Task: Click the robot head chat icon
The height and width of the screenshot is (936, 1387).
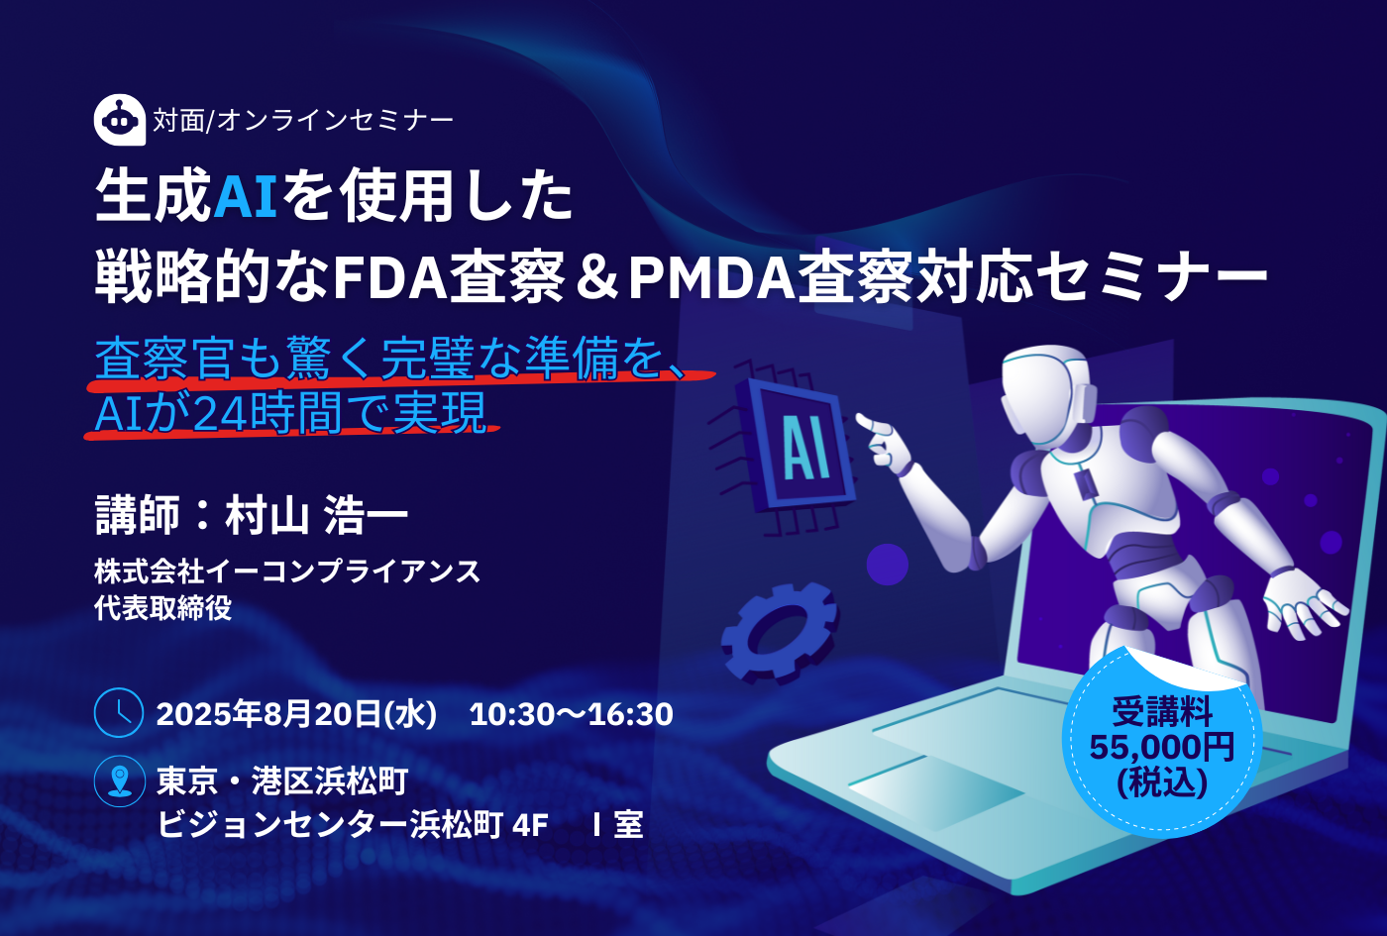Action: tap(120, 120)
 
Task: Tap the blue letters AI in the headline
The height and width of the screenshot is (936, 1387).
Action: tap(245, 196)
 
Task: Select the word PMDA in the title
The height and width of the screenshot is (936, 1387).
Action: tap(712, 276)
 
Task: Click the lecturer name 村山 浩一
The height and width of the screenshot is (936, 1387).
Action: tap(316, 515)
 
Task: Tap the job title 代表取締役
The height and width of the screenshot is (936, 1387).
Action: tap(163, 608)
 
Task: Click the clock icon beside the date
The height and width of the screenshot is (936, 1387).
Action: tap(119, 712)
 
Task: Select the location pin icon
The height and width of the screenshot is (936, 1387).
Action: tap(120, 780)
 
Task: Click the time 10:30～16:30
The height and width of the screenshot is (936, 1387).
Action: tap(572, 714)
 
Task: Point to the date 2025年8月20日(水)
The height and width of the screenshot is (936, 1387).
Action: tap(297, 714)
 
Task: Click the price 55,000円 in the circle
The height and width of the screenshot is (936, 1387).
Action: tap(1162, 747)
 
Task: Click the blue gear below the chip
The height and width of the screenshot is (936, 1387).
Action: tap(779, 633)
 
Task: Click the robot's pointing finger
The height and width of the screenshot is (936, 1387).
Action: tap(874, 424)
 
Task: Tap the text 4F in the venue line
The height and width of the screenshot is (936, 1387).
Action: tap(530, 824)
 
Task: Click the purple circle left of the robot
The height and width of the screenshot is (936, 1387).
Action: tap(888, 564)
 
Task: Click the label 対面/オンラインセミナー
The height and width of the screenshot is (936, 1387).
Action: tap(303, 120)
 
